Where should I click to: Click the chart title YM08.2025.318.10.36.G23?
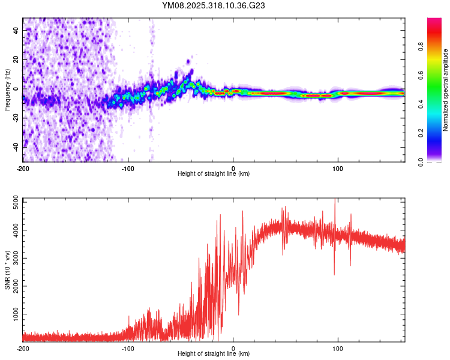(x=214, y=5)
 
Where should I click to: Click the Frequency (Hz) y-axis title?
(x=7, y=90)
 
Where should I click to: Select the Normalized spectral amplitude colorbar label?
(x=445, y=90)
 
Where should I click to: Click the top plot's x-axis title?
(x=214, y=173)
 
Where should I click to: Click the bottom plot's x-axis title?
(x=214, y=353)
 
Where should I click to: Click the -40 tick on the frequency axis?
(x=15, y=146)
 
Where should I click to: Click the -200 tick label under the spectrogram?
(x=23, y=168)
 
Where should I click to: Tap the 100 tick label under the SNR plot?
(x=338, y=348)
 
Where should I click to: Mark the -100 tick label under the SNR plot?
(x=128, y=348)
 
